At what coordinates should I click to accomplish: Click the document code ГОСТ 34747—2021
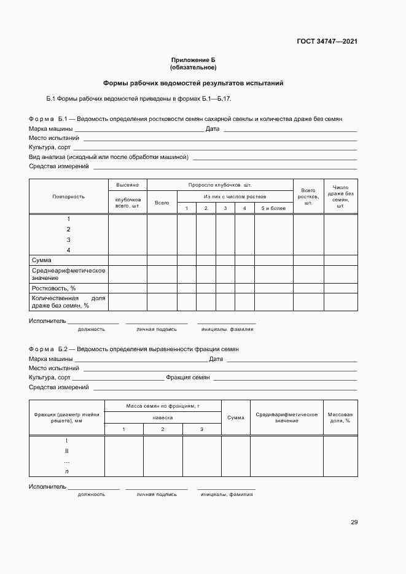[x=326, y=42]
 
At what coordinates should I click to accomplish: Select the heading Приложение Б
[x=193, y=60]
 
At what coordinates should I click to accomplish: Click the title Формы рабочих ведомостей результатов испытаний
[x=193, y=83]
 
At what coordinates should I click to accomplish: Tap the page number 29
[x=354, y=522]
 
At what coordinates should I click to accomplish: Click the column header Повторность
[x=69, y=196]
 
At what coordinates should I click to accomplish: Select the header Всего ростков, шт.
[x=308, y=196]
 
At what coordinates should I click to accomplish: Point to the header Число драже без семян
[x=340, y=197]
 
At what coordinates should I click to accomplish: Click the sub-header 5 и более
[x=273, y=209]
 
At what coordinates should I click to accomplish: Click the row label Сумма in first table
[x=42, y=260]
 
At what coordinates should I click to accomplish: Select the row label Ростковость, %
[x=54, y=288]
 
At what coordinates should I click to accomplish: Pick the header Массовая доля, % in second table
[x=340, y=417]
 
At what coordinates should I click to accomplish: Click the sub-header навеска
[x=163, y=417]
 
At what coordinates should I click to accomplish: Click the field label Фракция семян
[x=188, y=378]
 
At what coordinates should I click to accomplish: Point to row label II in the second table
[x=66, y=451]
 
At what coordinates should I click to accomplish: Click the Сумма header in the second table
[x=235, y=417]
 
